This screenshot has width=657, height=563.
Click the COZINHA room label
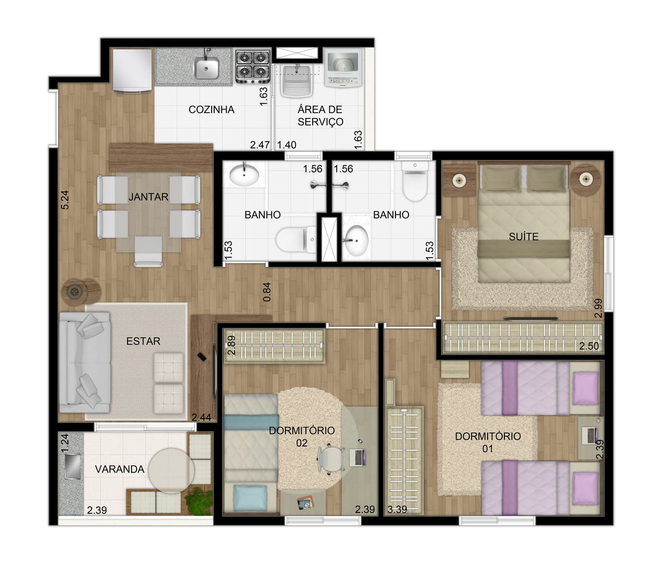coord(212,109)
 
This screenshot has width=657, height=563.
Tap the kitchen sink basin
coord(207,68)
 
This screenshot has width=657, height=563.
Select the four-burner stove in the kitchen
coord(253,66)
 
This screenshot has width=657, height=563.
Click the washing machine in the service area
coord(343,68)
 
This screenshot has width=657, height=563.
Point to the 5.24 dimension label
coord(65,200)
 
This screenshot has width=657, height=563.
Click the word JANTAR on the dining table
coord(148,197)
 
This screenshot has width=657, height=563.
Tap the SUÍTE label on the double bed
coord(524,236)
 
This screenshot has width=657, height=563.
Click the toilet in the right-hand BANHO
coord(415,181)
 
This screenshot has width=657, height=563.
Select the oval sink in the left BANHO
coord(244,174)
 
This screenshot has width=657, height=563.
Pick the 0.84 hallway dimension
coord(267,292)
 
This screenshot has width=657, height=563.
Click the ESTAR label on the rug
coord(143,341)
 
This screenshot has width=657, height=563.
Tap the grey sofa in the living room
coord(85,363)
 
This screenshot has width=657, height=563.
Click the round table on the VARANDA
coord(171,471)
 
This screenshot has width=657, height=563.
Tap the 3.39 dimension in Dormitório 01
coord(397,509)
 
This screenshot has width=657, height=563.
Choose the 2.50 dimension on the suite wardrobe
coord(589,346)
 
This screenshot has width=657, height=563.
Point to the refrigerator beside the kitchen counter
coord(132,70)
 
